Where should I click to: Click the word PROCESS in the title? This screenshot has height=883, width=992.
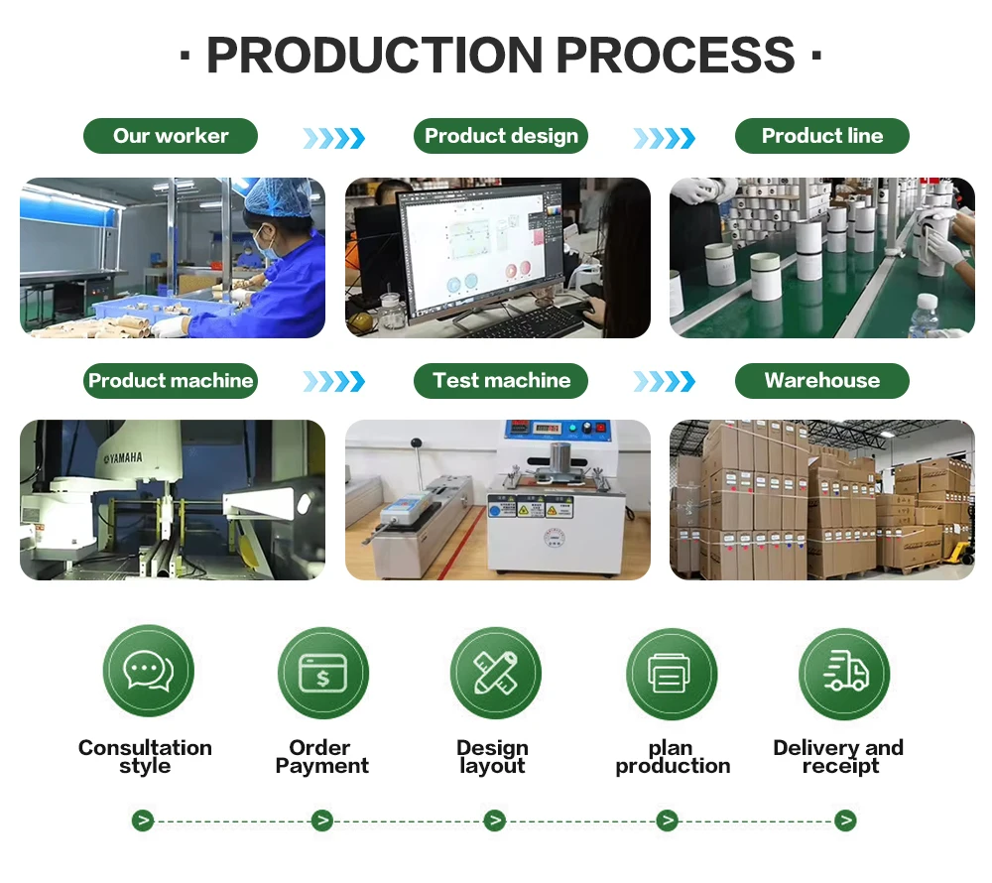[675, 56]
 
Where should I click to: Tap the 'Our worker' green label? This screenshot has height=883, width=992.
[171, 136]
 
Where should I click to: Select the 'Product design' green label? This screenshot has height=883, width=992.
[501, 136]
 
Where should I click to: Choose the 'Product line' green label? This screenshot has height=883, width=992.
[821, 136]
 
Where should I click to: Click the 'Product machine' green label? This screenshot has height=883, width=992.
[171, 380]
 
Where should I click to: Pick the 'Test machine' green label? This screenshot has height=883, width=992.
[501, 380]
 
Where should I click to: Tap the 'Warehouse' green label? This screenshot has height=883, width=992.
[821, 380]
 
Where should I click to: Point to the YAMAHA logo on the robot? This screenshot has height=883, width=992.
[119, 457]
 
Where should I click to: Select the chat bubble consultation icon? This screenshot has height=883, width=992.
[148, 672]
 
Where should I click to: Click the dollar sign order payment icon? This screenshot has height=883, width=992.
[322, 673]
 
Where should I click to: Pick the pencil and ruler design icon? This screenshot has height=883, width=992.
[495, 673]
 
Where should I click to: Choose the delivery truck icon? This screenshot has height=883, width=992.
[844, 673]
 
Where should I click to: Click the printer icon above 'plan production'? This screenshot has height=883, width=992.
[671, 674]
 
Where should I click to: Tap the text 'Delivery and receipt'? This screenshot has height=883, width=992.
[838, 757]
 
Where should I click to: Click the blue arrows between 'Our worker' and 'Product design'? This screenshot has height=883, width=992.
[333, 138]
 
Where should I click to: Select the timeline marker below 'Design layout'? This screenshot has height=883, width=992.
[494, 820]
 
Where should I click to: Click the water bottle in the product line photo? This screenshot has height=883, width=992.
[925, 315]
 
